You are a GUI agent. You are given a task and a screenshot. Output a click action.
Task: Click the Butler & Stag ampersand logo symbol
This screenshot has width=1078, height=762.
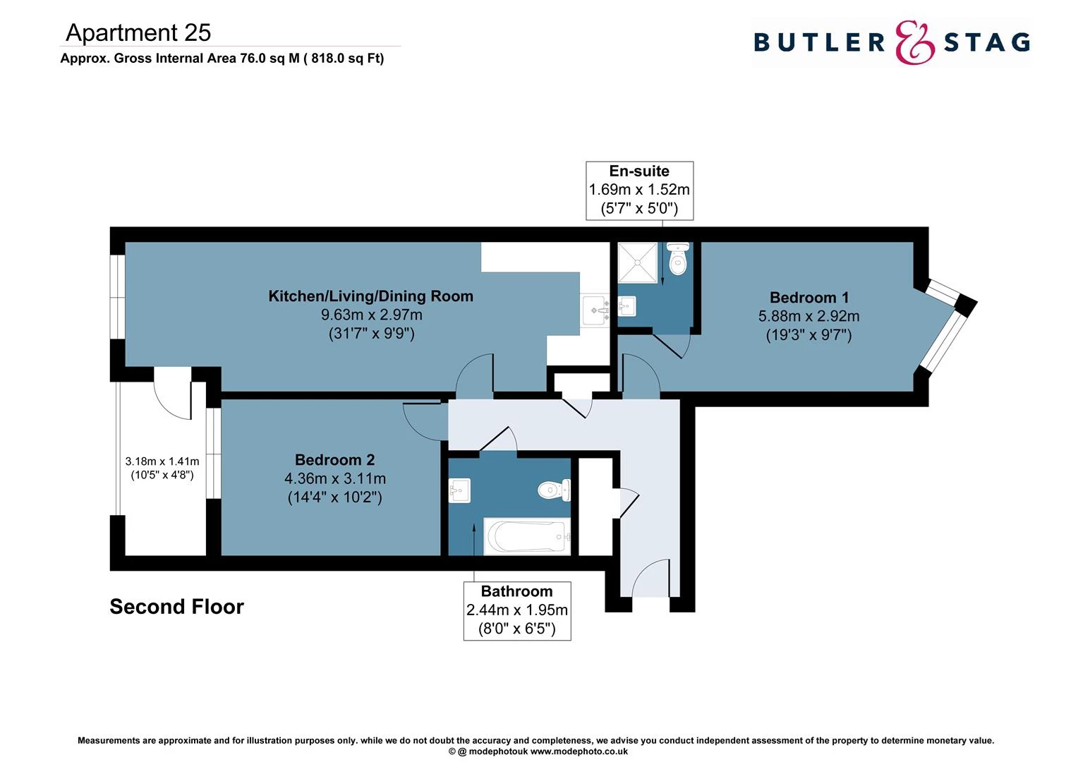(914, 42)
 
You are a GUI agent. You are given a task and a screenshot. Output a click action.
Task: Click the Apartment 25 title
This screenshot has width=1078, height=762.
(138, 32)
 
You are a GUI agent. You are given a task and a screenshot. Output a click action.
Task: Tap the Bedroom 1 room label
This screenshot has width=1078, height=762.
(808, 298)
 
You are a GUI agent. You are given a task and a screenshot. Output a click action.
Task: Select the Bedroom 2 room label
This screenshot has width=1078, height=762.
(334, 460)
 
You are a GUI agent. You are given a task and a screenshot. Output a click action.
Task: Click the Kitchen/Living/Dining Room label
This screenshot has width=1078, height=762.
(370, 296)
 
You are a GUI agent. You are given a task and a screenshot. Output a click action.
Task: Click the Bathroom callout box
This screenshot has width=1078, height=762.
(516, 610)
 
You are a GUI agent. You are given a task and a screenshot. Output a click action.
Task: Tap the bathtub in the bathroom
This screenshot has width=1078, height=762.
(526, 538)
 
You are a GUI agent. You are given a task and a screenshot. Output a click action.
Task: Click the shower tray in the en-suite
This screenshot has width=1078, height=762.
(637, 262)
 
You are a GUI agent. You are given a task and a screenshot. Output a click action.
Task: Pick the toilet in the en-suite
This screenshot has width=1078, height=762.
(678, 260)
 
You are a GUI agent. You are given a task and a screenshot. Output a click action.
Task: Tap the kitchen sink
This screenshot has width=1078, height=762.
(596, 310)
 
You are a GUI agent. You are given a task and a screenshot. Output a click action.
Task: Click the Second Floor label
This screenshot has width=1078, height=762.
(176, 607)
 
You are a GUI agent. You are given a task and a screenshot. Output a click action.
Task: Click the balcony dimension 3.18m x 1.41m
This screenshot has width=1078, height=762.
(162, 468)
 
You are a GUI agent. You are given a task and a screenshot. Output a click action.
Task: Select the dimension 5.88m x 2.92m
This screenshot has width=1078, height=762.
(808, 316)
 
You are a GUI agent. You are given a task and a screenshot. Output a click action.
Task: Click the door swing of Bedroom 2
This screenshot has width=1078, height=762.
(423, 421)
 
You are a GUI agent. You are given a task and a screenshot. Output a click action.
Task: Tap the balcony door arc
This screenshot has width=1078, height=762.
(171, 397)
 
